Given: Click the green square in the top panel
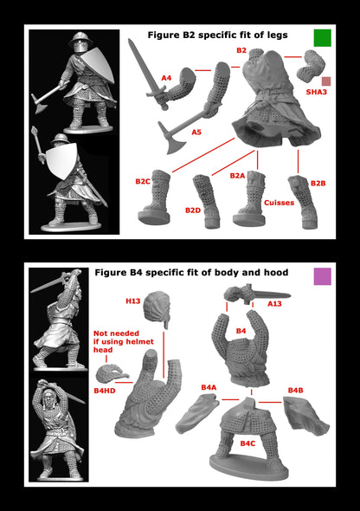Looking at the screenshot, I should (x=322, y=37).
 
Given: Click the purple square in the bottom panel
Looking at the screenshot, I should (x=322, y=276).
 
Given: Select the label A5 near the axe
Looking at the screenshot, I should (x=196, y=133).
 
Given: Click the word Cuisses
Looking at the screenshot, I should (x=280, y=203).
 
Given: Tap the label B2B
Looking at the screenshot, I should (x=318, y=184).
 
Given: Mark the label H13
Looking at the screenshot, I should (x=133, y=301).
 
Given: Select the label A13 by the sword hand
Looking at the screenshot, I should (x=274, y=304).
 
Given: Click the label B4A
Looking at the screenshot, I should (x=209, y=387).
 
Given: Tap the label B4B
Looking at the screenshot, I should (x=295, y=391).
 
